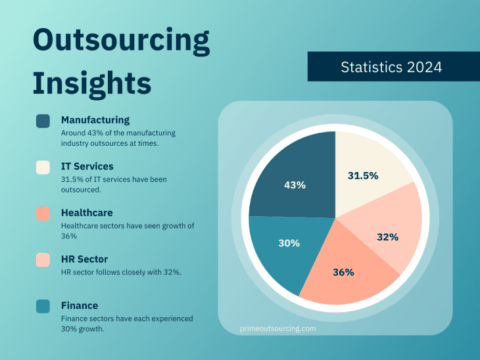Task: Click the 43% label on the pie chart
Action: (x=295, y=185)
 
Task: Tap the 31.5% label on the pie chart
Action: (x=363, y=175)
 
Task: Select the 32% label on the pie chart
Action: (x=388, y=236)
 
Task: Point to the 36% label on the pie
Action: (x=343, y=272)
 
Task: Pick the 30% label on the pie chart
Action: (x=289, y=243)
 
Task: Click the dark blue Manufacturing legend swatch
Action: (x=43, y=121)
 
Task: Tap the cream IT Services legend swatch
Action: (x=43, y=168)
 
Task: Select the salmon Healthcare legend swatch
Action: (x=43, y=214)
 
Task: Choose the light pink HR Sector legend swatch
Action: (x=43, y=260)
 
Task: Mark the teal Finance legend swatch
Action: (x=43, y=306)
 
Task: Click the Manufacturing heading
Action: (x=95, y=120)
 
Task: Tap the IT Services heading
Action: (x=87, y=167)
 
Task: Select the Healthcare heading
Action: (x=87, y=213)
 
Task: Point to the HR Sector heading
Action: (x=84, y=259)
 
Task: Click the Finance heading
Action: (x=80, y=305)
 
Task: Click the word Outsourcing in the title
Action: (x=122, y=41)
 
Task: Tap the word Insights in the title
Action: (x=92, y=83)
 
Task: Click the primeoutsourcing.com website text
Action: (x=278, y=328)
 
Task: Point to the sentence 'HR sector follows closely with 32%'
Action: (x=121, y=273)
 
